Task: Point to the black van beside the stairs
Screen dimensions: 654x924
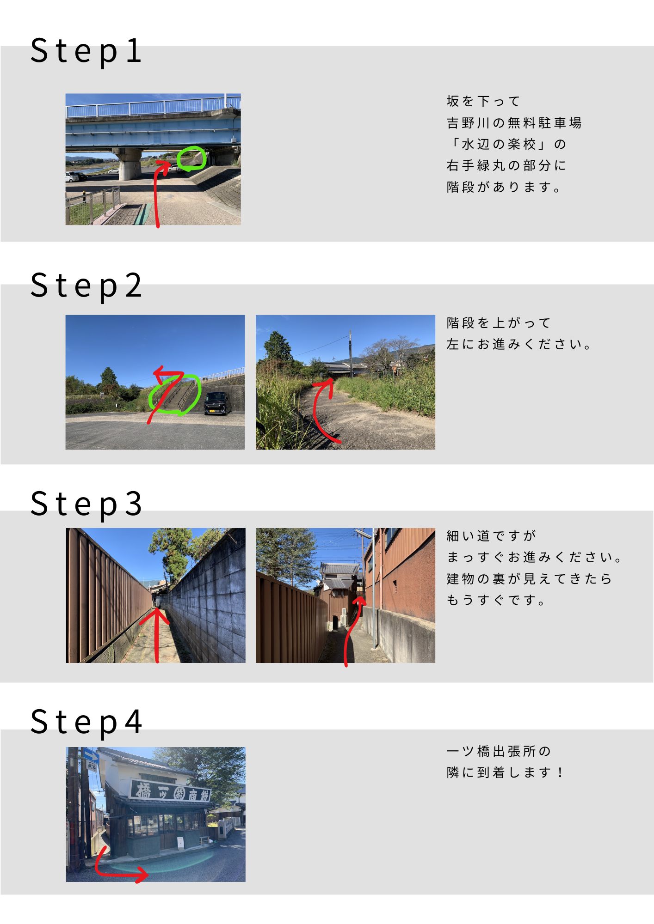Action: point(217,403)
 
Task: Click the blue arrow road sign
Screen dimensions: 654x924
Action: point(91,756)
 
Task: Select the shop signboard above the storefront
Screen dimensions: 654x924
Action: point(170,792)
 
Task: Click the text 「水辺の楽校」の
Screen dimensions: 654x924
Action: point(506,144)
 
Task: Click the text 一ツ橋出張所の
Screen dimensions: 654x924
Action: point(499,751)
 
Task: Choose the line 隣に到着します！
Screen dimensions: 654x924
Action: point(505,772)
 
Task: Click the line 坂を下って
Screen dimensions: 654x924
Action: point(483,101)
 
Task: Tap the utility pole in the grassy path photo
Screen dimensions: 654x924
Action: point(350,354)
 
